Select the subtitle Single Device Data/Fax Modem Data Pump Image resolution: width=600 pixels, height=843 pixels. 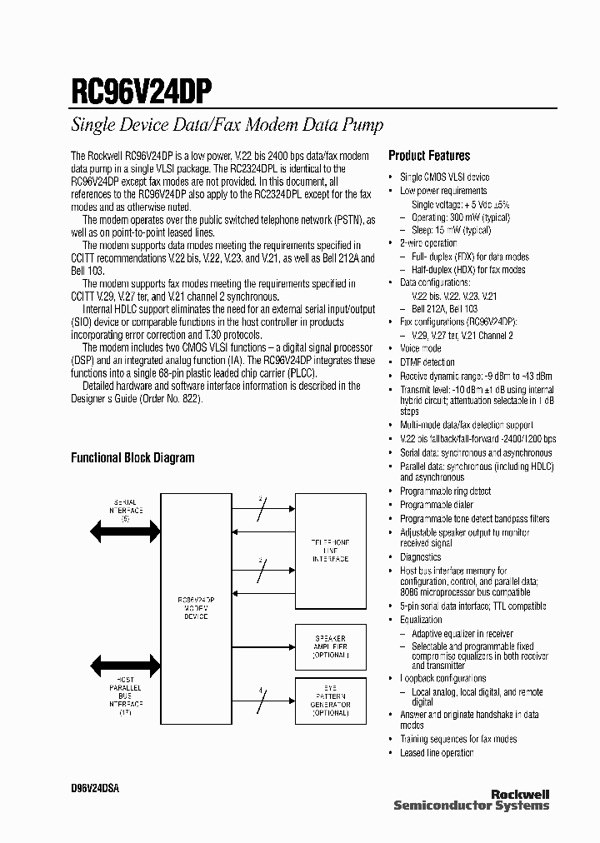[227, 126]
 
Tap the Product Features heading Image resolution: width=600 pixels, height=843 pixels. [429, 156]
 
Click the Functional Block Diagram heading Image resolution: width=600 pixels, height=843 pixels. [132, 457]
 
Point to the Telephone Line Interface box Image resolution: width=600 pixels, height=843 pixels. [331, 550]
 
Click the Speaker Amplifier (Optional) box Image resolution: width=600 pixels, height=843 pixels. [331, 646]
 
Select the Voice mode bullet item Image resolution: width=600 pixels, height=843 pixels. [421, 349]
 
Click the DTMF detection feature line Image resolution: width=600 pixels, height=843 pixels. [427, 362]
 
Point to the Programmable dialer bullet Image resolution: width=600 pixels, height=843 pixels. [437, 505]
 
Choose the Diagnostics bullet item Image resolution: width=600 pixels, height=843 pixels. [421, 557]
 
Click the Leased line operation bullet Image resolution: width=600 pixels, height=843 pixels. [437, 753]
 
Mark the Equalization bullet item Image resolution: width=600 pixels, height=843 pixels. [422, 620]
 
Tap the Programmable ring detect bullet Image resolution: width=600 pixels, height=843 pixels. [445, 491]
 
